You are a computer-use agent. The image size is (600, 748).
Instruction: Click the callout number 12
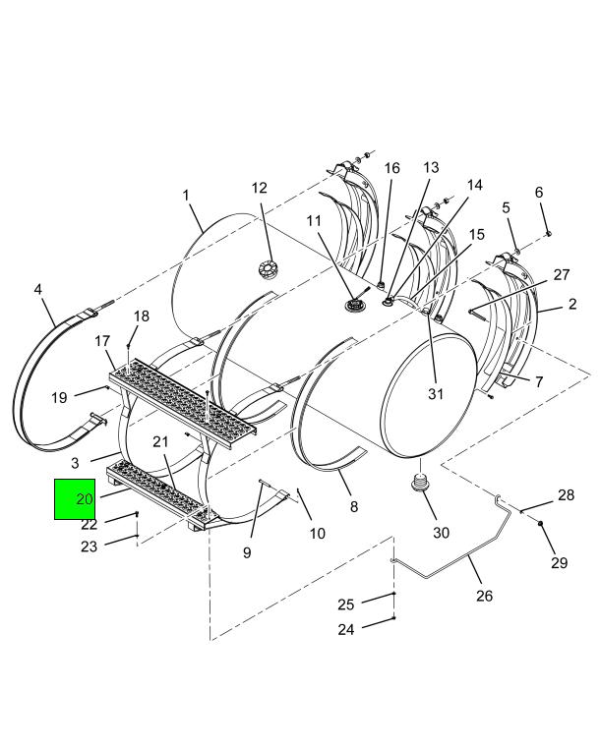tap(260, 188)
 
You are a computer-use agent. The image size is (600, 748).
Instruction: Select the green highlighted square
tap(75, 499)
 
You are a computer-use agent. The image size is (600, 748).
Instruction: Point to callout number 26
tap(484, 596)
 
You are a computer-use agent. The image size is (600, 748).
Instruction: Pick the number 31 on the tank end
tap(436, 394)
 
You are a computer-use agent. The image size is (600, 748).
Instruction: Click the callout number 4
tap(37, 289)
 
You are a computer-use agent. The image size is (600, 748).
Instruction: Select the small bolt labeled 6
tap(549, 233)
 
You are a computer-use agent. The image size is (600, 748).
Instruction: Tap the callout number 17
tap(102, 341)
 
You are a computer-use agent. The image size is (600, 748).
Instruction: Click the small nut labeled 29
tap(540, 523)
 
